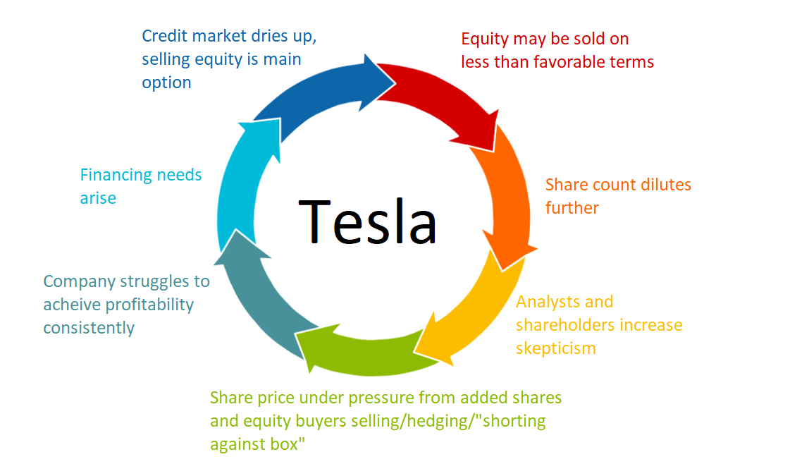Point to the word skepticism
(555, 348)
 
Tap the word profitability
(149, 305)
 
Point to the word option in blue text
(166, 83)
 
